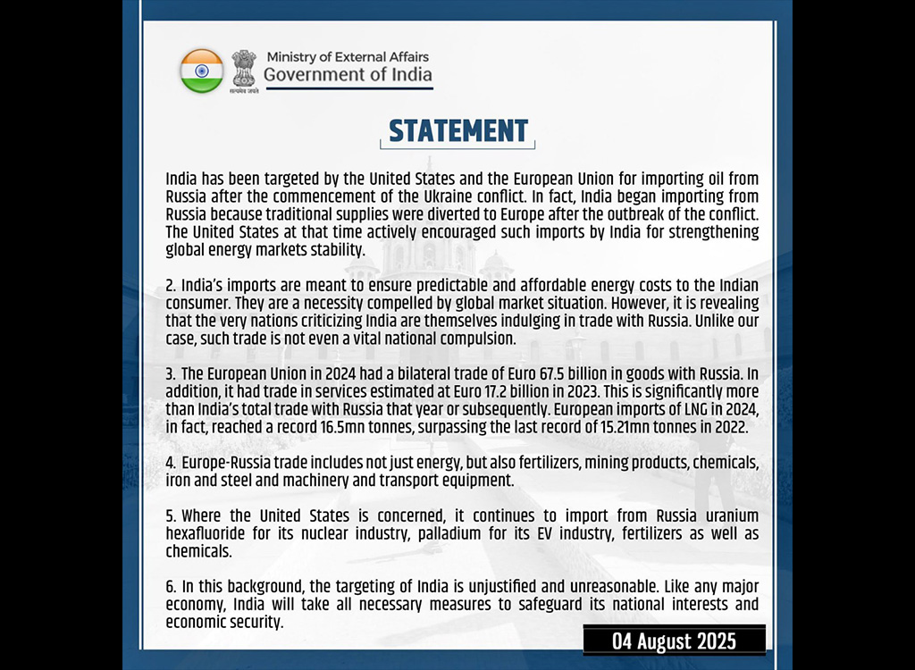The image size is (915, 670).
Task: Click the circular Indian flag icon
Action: click(x=201, y=71)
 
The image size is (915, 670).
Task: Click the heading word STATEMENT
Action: click(x=458, y=131)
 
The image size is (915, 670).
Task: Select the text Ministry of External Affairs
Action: click(x=348, y=57)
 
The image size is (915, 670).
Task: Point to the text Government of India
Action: click(x=348, y=75)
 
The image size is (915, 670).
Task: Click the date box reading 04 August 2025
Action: click(x=674, y=641)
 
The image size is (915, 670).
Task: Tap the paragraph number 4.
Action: click(x=170, y=464)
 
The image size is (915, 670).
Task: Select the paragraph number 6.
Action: click(x=170, y=587)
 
